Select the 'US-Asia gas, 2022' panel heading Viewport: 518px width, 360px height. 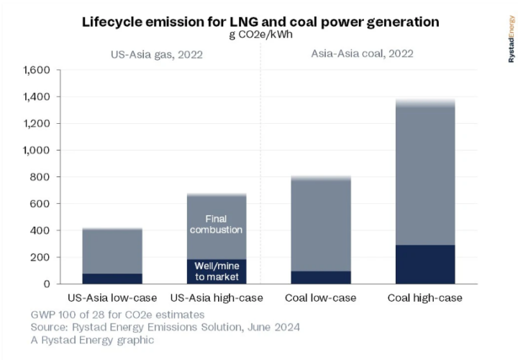[155, 54]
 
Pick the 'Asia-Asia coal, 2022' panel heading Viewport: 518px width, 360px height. [364, 54]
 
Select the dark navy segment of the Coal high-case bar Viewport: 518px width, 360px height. [424, 264]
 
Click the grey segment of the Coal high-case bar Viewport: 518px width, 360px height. [424, 173]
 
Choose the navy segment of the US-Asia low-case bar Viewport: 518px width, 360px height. [112, 279]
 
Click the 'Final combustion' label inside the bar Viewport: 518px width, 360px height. [217, 223]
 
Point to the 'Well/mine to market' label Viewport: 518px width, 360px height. [217, 270]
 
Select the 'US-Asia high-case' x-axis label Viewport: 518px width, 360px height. [217, 298]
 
